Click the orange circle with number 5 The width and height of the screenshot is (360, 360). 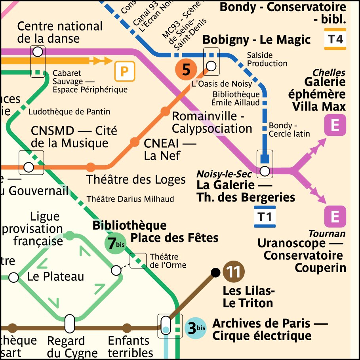pos(186,70)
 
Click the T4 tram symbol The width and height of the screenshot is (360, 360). pos(335,39)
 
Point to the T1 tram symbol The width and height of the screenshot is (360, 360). pos(265,217)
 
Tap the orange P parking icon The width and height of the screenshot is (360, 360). pos(125,72)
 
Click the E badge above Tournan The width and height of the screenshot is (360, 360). pos(335,217)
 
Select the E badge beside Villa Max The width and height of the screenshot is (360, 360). pos(335,126)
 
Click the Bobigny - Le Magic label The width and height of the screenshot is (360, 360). pos(256,40)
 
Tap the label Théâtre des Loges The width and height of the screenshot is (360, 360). pos(136,180)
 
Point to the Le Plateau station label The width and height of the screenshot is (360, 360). pos(55,276)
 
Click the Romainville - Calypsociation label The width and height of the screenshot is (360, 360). pos(212,123)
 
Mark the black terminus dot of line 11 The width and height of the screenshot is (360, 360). pos(215,272)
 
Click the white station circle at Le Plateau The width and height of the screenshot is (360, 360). pos(13,278)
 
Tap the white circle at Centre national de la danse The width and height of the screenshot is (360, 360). pos(38,51)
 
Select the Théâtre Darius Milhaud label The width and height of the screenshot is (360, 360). pos(130,199)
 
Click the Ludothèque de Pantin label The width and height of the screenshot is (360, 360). pos(69,112)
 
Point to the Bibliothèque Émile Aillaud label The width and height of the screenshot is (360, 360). pos(236,99)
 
